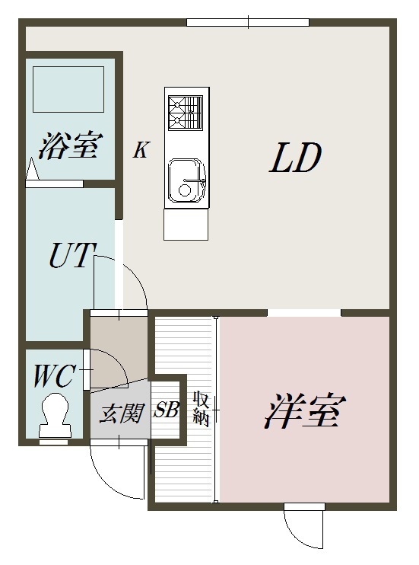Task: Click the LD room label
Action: (297, 159)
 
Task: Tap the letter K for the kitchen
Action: (141, 150)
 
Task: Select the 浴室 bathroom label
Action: (70, 145)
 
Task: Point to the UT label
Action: (71, 256)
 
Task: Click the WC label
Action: (53, 375)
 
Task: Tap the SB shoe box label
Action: (166, 410)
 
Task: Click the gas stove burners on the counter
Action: (186, 112)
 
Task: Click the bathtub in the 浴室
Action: (68, 88)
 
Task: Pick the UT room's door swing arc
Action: (122, 281)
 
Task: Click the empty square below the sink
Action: (186, 225)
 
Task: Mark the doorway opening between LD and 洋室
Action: (304, 312)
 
